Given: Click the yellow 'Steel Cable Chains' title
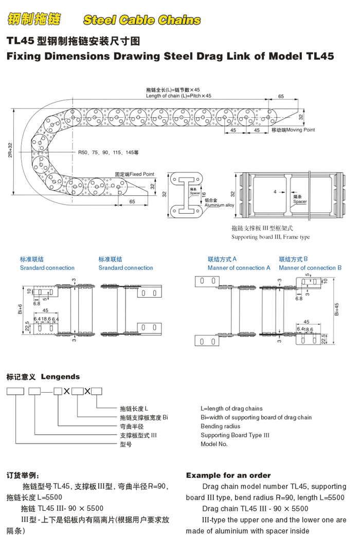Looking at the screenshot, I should point(141,20).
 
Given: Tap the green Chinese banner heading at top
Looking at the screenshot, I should point(33,20).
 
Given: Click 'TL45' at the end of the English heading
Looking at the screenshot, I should point(320,57).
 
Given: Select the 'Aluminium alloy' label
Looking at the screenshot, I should point(219,205).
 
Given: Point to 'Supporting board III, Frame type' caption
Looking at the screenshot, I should point(271,237).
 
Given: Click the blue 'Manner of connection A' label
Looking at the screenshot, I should point(239,268).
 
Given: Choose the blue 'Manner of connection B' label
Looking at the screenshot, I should point(310,268).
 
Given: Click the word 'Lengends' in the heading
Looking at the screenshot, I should point(60,377).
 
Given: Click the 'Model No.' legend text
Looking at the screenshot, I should point(214,444).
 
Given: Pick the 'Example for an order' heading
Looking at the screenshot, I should point(228,475).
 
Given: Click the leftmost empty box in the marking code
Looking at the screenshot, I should point(15,392).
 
